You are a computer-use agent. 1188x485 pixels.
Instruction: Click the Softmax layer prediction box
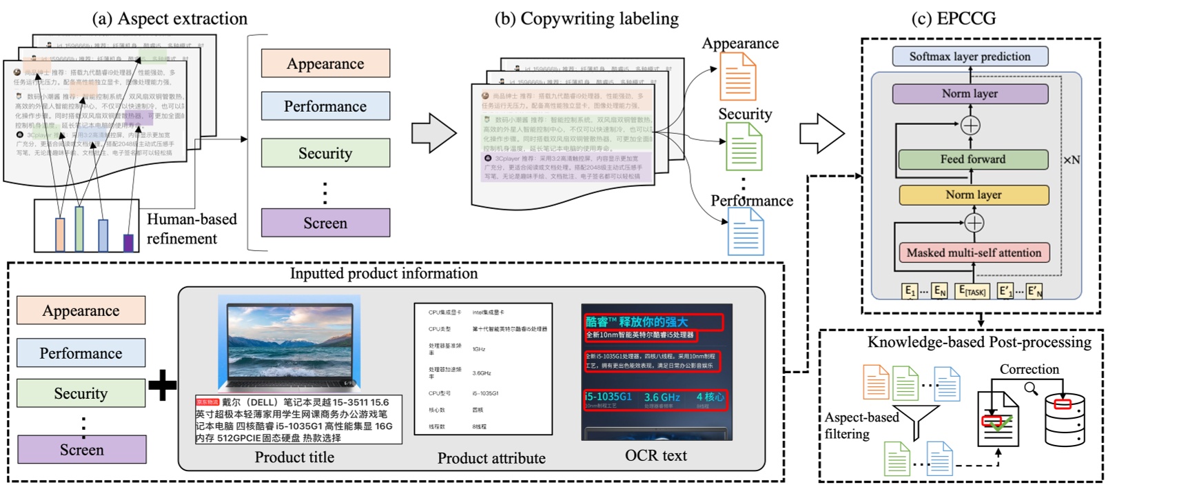(970, 57)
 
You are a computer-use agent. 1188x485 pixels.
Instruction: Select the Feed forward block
(972, 159)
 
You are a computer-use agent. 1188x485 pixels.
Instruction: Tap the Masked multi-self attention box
(974, 253)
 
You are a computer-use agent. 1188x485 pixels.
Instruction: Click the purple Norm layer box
(970, 94)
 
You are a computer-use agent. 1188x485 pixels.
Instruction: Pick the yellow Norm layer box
(973, 195)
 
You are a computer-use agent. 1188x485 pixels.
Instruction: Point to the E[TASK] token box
(972, 291)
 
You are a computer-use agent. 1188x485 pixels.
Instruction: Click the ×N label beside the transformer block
(1071, 160)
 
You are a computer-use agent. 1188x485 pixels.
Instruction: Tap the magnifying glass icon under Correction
(1031, 389)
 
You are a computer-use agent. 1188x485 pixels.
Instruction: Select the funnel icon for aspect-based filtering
(916, 421)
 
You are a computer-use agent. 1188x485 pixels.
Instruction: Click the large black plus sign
(163, 385)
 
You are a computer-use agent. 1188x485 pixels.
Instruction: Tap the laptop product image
(289, 344)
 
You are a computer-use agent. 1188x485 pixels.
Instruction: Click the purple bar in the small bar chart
(128, 242)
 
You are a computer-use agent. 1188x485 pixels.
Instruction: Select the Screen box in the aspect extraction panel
(325, 223)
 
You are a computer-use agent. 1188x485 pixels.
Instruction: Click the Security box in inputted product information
(81, 393)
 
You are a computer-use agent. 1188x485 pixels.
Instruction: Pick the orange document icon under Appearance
(737, 77)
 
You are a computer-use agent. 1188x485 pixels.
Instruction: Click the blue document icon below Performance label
(746, 232)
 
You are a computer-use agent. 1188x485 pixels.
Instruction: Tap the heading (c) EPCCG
(953, 19)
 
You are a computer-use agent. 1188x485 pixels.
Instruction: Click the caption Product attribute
(491, 458)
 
